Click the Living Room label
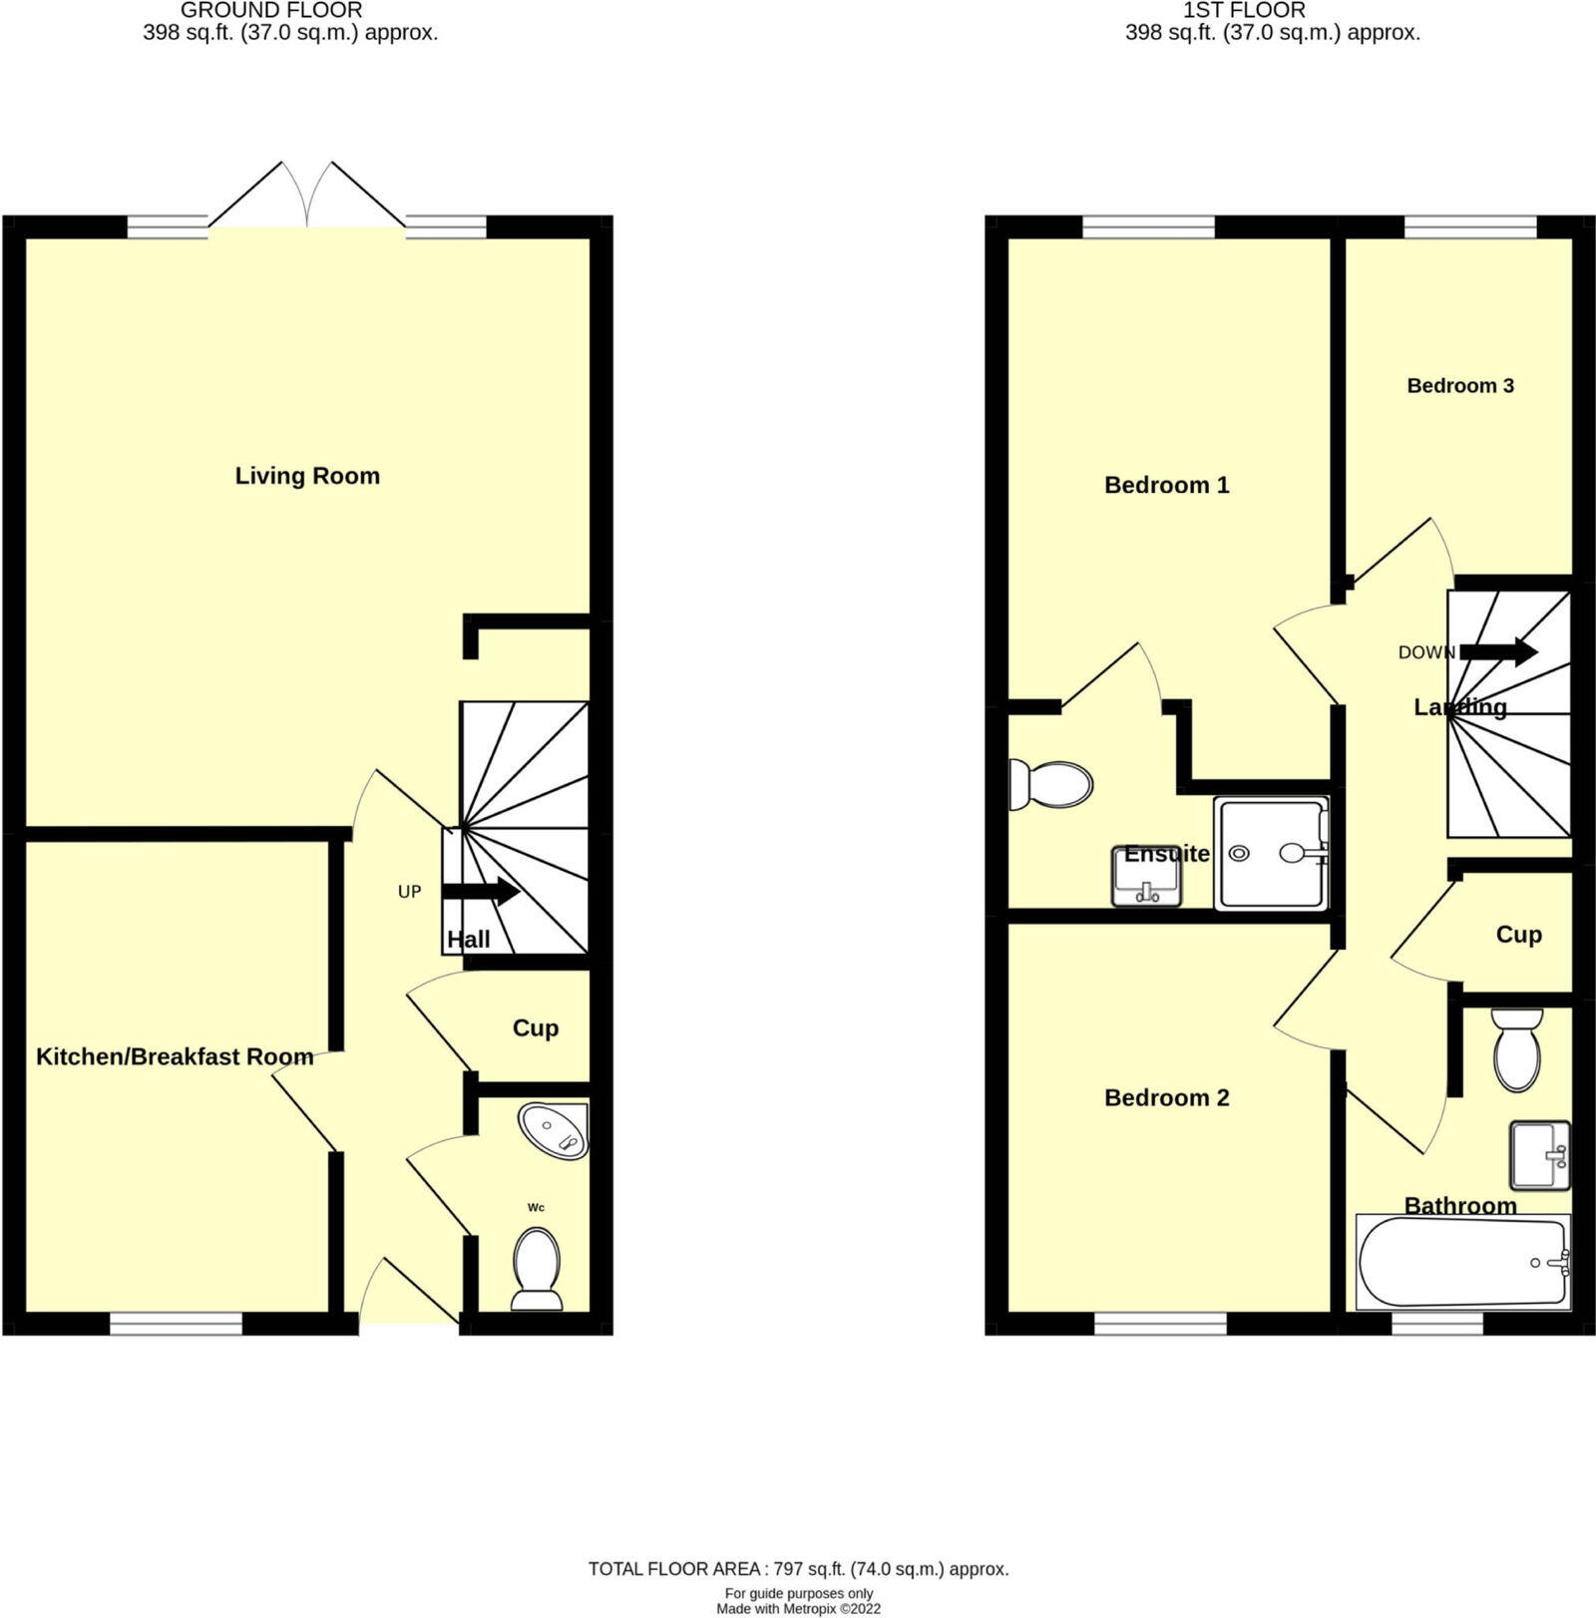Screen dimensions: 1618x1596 pos(307,476)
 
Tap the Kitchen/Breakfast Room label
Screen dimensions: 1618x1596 pos(175,1056)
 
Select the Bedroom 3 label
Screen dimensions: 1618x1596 pos(1460,386)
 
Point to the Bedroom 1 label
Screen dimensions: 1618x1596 pos(1166,486)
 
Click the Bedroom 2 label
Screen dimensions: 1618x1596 pos(1166,1098)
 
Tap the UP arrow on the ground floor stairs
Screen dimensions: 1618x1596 pos(481,891)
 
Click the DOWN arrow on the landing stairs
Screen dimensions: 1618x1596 pos(1498,652)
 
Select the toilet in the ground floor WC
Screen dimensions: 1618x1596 pos(536,1269)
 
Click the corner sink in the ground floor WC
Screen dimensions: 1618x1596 pos(556,1131)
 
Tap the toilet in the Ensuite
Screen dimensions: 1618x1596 pos(1050,784)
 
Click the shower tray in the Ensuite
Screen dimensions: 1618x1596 pos(1271,853)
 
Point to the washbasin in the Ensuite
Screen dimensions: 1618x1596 pos(1146,879)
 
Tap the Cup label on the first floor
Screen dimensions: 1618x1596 pos(1518,935)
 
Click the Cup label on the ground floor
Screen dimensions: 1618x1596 pos(535,1028)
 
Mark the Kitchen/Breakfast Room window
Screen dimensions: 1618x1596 pos(176,1324)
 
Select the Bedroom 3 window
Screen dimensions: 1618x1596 pos(1470,227)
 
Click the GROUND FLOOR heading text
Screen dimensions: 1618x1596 pos(271,11)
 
